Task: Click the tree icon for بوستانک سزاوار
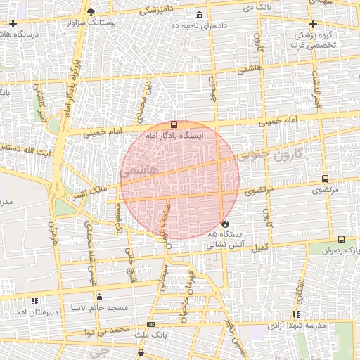click(91, 12)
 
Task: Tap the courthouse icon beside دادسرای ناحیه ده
click(200, 15)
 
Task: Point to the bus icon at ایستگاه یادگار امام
click(174, 124)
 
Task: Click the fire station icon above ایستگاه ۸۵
click(225, 223)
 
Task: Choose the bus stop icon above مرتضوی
click(325, 179)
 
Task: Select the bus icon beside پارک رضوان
click(341, 239)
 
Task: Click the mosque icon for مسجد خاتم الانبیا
click(99, 297)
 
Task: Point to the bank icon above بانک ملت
click(150, 325)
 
